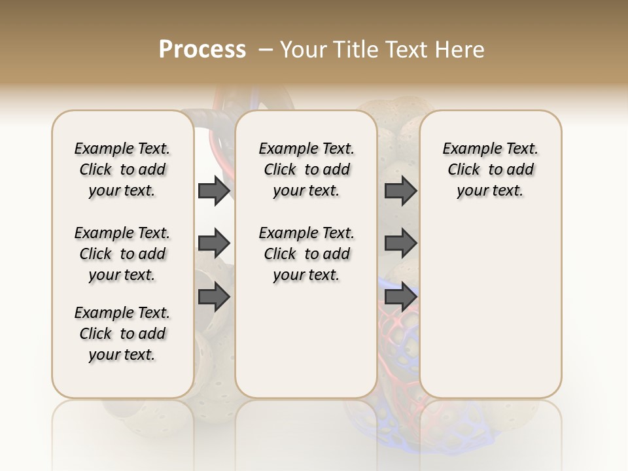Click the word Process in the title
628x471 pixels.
(x=202, y=49)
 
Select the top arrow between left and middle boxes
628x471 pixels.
(x=214, y=191)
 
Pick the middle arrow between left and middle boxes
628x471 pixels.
(x=214, y=243)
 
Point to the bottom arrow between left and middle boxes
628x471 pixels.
(x=214, y=297)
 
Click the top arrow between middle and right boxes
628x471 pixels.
(x=400, y=191)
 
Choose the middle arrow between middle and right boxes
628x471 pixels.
(x=400, y=243)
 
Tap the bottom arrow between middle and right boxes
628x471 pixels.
(x=400, y=297)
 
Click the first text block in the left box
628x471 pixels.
(x=122, y=169)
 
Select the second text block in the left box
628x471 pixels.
(x=122, y=254)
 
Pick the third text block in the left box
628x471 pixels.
(x=122, y=334)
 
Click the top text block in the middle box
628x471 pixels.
(x=306, y=169)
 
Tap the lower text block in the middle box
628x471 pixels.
(x=306, y=254)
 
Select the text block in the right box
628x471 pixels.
(x=490, y=169)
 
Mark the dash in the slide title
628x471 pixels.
(x=266, y=50)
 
